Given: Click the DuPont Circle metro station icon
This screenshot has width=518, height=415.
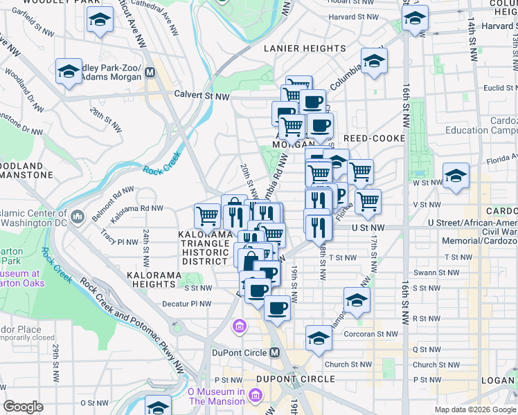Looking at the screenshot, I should click(275, 353).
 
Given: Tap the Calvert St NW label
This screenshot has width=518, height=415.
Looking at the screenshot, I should click(202, 95).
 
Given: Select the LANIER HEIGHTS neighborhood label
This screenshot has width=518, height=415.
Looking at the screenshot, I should click(305, 48).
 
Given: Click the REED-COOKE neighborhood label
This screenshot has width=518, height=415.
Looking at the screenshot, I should click(374, 138).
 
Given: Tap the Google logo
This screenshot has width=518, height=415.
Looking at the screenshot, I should click(23, 406).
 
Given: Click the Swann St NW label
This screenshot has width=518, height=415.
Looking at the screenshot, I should click(434, 273).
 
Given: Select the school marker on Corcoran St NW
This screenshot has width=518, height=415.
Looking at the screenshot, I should click(318, 338).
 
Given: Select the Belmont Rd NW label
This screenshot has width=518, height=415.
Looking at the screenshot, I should click(113, 197).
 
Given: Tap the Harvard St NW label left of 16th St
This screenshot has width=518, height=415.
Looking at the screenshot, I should click(354, 17).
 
